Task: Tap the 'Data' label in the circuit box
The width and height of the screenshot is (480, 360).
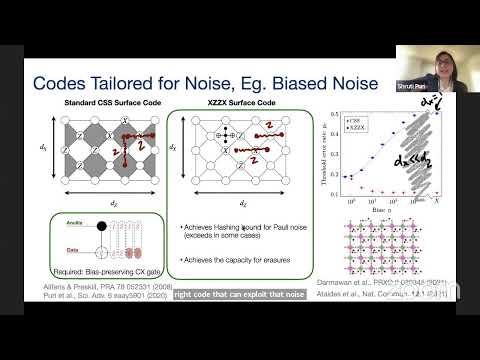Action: point(43,253)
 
